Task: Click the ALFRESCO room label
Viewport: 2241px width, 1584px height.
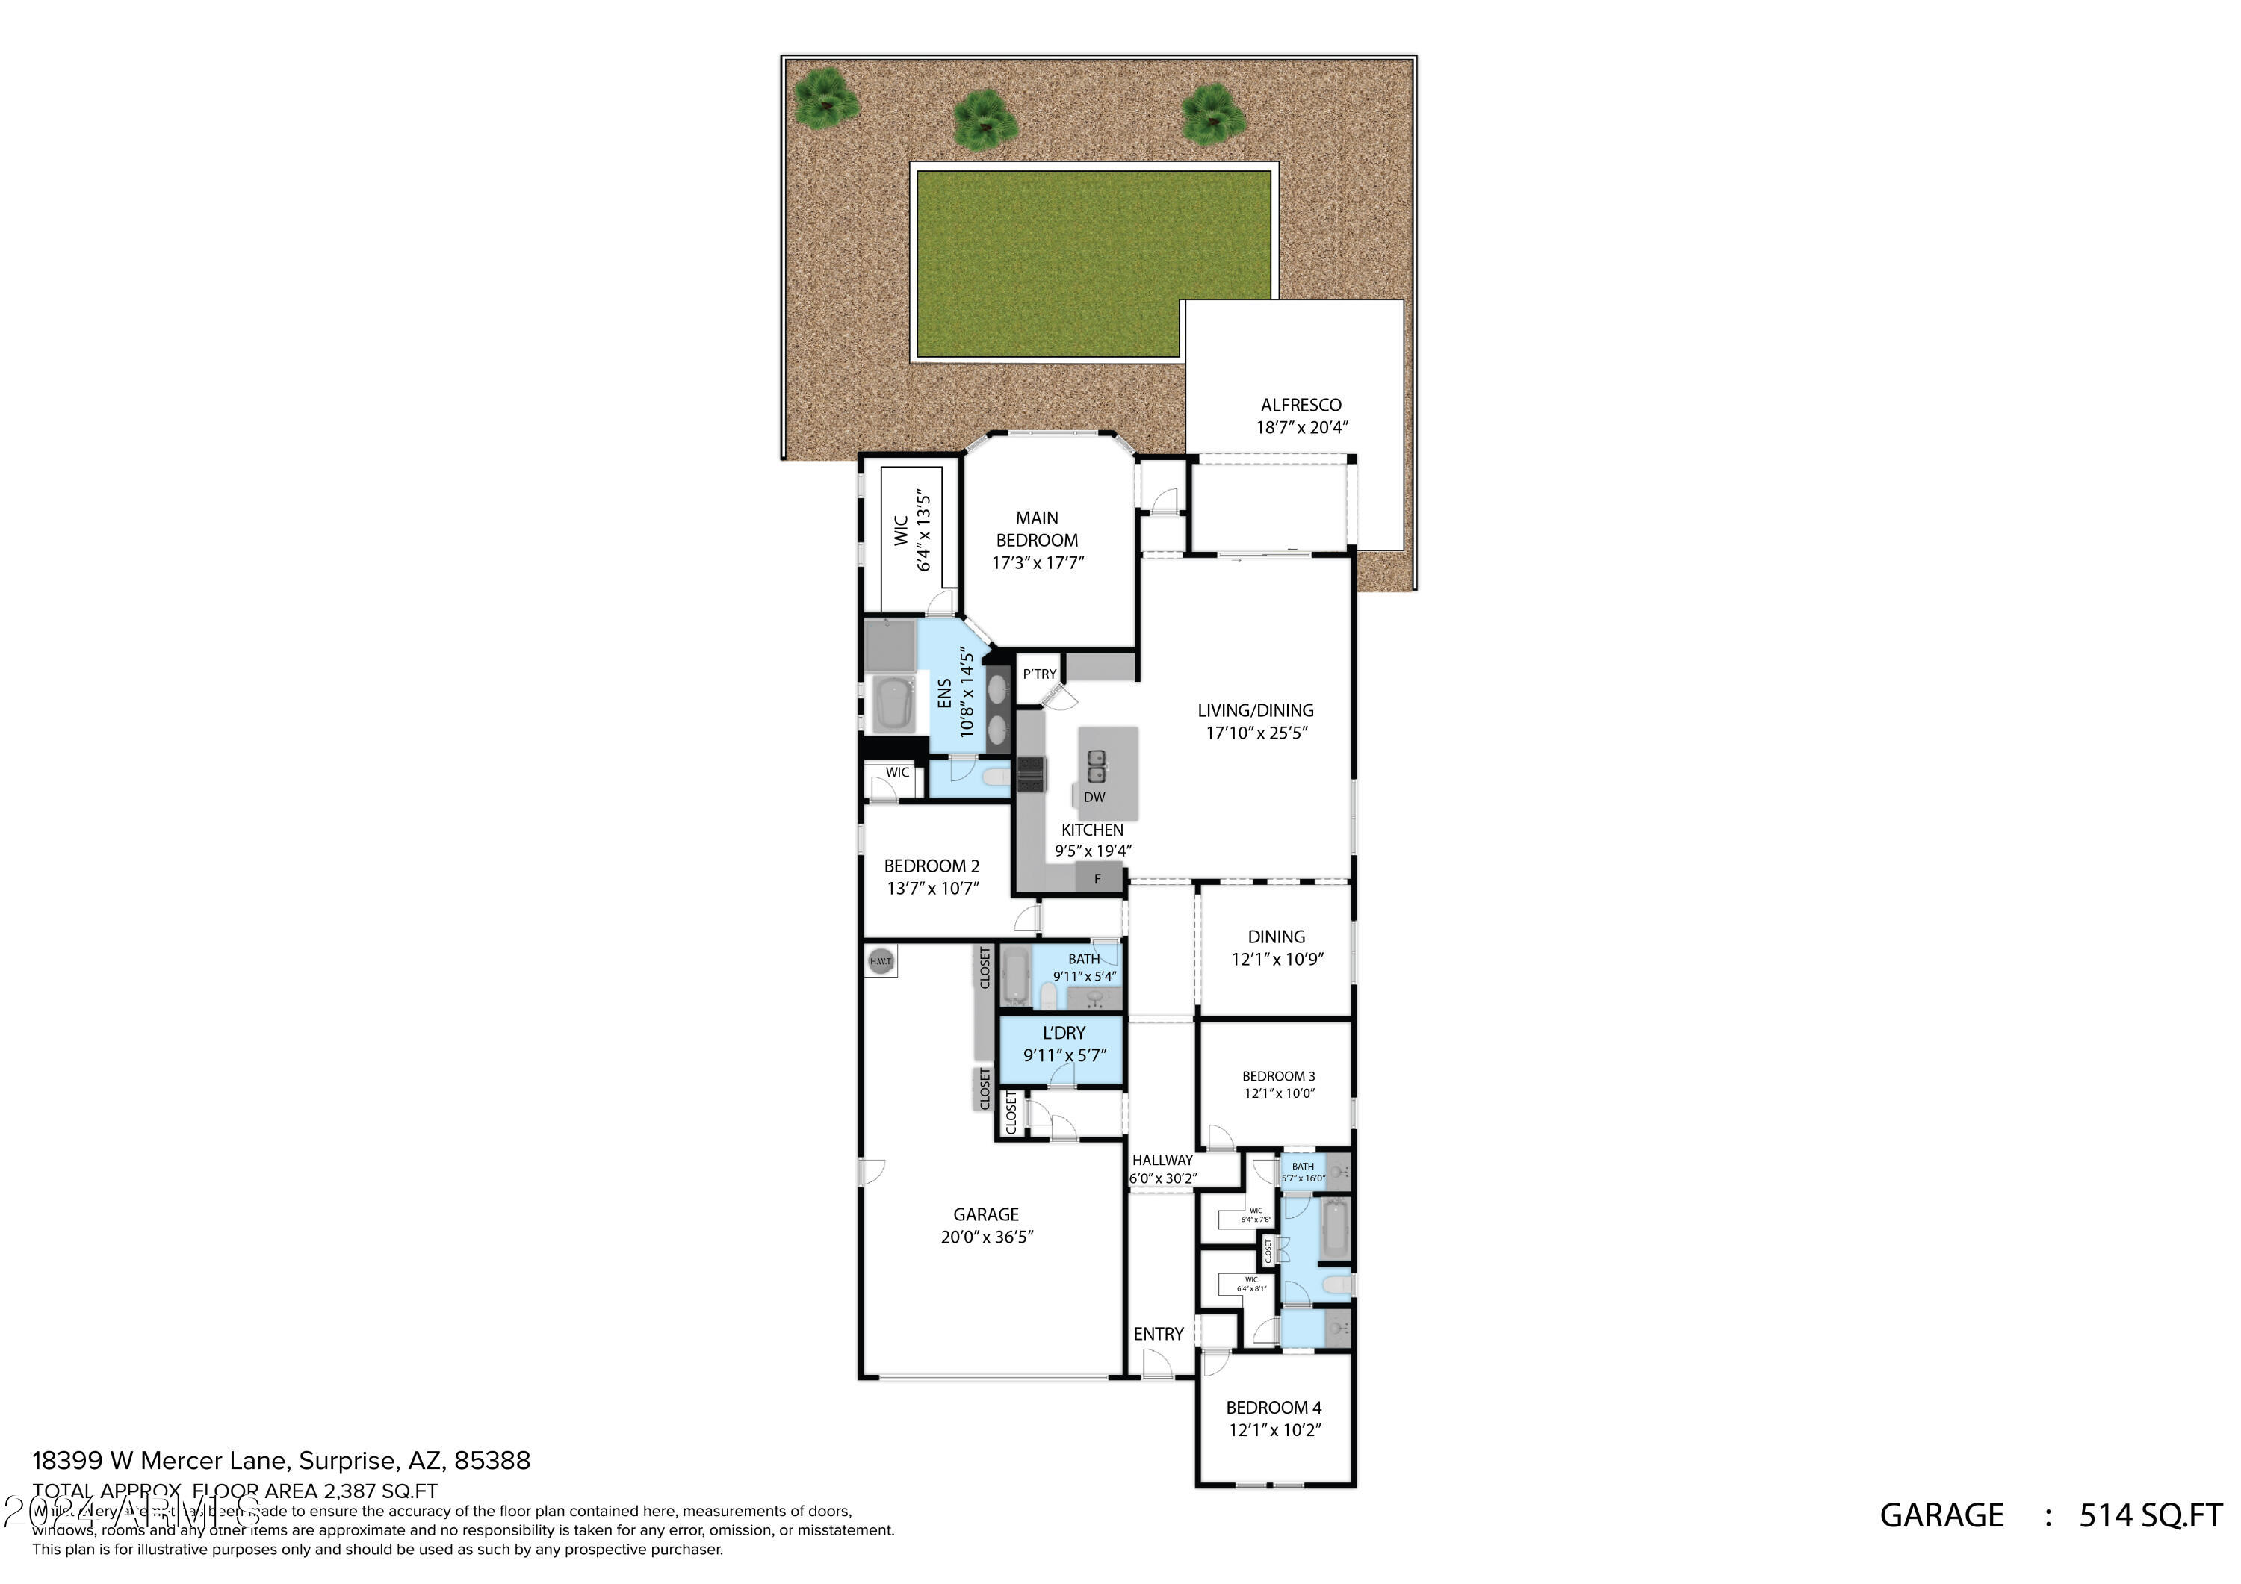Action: tap(1300, 404)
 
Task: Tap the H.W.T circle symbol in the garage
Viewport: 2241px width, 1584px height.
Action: tap(881, 960)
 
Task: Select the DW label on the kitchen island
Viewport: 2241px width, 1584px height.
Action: tap(1094, 796)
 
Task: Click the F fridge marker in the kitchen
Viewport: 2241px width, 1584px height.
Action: tap(1097, 878)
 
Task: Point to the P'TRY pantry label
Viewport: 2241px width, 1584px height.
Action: tap(1040, 674)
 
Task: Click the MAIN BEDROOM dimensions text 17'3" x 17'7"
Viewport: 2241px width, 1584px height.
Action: tap(1038, 563)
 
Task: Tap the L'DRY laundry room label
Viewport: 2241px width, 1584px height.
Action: tap(1064, 1033)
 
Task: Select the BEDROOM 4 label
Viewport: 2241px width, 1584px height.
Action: tap(1274, 1407)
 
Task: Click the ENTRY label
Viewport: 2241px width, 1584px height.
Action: tap(1159, 1334)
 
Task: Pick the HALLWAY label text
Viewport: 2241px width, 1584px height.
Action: tap(1162, 1160)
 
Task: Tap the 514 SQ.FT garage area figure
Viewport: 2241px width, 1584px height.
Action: tap(2150, 1515)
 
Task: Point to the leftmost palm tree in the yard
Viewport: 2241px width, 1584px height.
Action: tap(825, 99)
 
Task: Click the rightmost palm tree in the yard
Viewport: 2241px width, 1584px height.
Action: tap(1212, 114)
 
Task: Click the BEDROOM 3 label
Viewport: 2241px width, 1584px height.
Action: tap(1279, 1075)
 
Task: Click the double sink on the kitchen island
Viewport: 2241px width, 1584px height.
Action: tap(1096, 765)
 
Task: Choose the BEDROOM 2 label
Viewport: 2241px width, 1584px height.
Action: tap(932, 866)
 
